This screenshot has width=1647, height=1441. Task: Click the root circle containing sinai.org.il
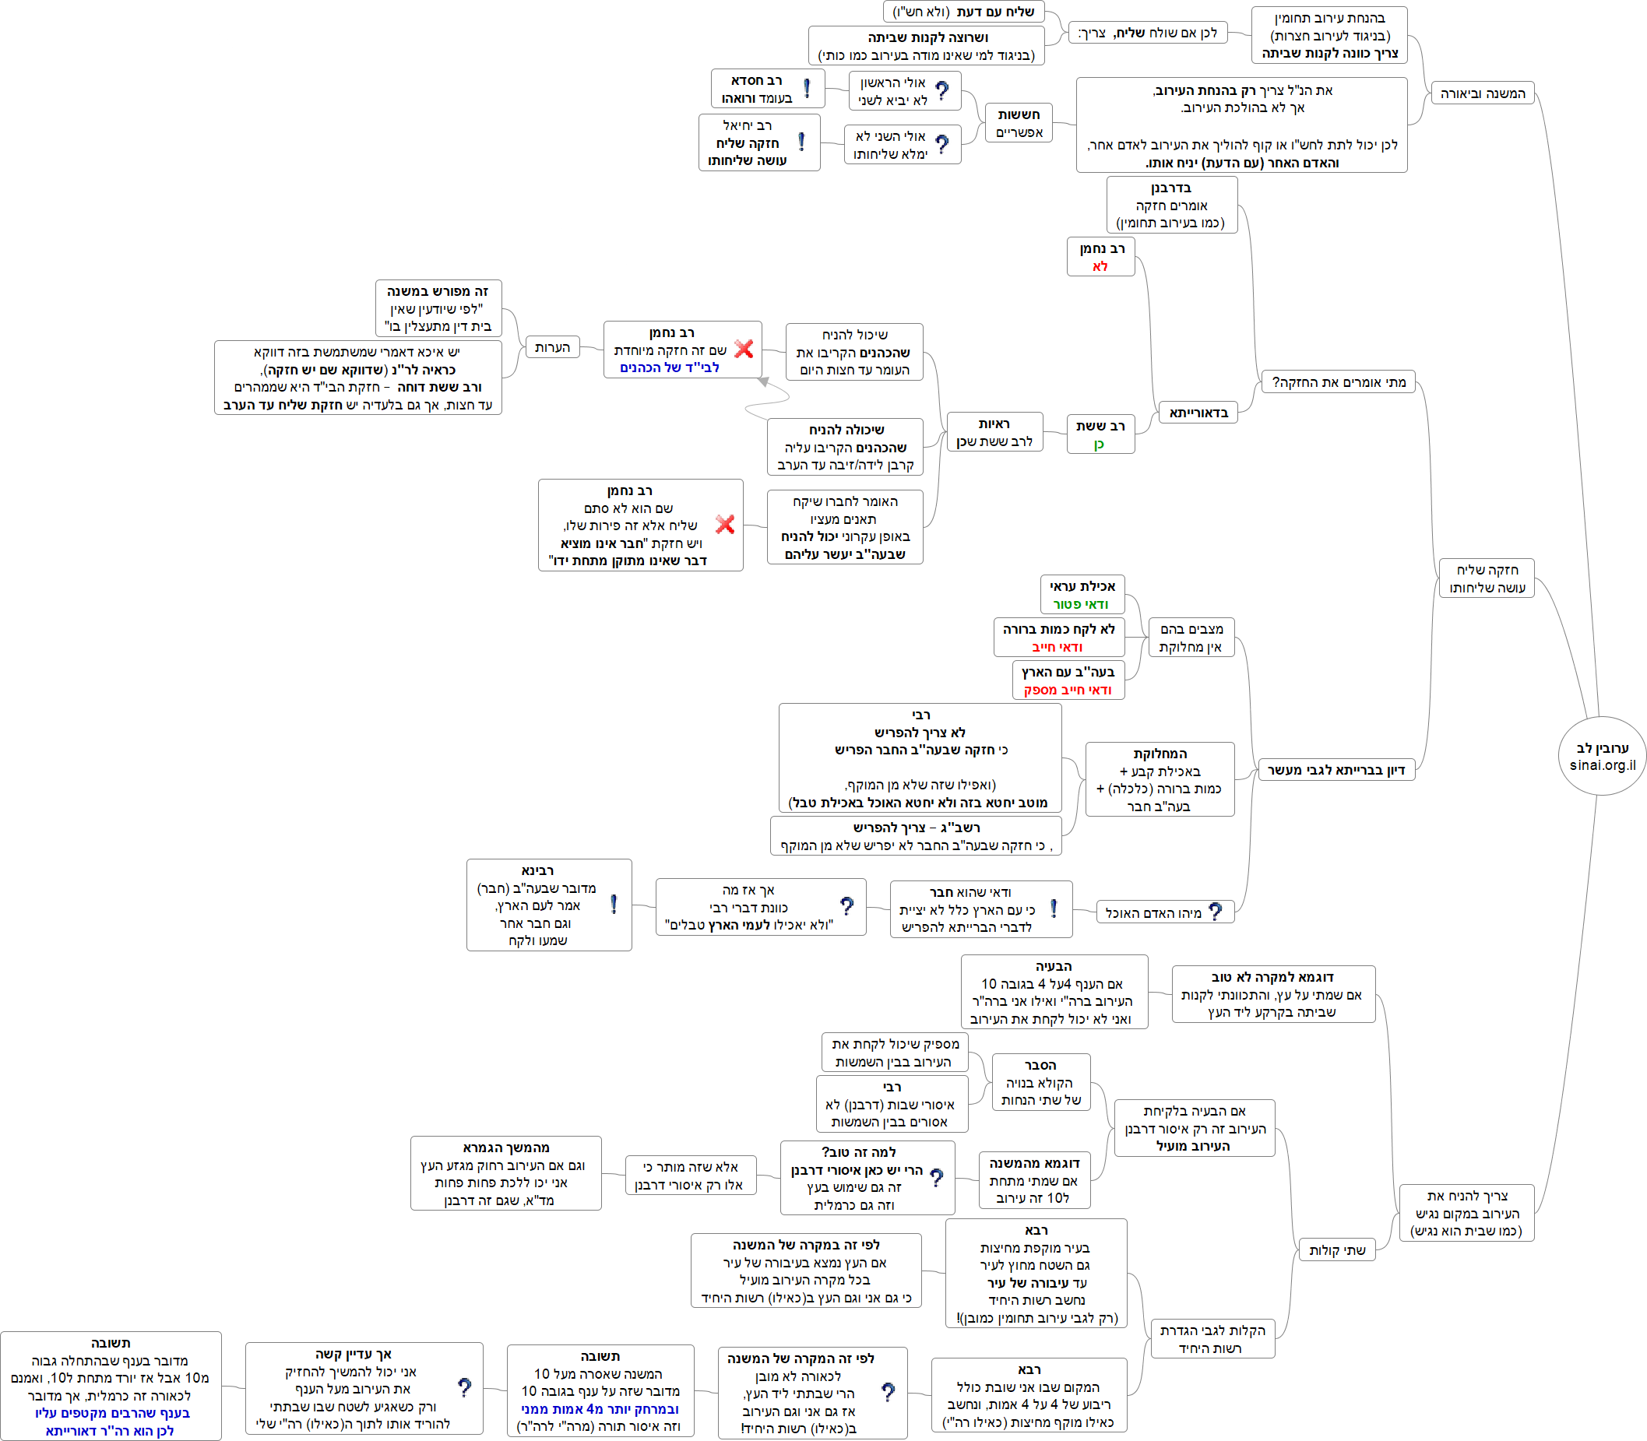tap(1601, 756)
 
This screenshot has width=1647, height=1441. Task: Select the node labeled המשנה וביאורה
tap(1482, 93)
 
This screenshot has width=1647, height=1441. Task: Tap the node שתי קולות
tap(1336, 1249)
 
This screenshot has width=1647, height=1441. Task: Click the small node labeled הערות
tap(552, 347)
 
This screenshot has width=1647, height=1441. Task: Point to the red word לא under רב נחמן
tap(1100, 267)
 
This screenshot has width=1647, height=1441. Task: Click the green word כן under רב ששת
tap(1100, 444)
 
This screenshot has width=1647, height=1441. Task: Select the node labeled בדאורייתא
tap(1198, 413)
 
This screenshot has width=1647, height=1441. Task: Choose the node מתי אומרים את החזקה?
tap(1338, 382)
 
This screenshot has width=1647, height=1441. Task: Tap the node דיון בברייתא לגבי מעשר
tap(1336, 770)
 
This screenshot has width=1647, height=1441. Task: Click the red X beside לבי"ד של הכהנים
tap(744, 349)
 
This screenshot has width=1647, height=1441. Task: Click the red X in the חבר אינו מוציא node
tap(724, 524)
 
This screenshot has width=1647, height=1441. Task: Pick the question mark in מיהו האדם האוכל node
tap(1215, 912)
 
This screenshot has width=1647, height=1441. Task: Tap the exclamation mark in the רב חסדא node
tap(807, 89)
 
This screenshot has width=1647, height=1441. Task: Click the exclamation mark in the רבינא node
tap(614, 905)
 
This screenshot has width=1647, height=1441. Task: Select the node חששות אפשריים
tap(1018, 123)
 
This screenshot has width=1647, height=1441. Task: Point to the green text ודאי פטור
tap(1080, 604)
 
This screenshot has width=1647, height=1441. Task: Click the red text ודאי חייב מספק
tap(1067, 690)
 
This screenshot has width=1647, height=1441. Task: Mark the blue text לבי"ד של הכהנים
tap(669, 367)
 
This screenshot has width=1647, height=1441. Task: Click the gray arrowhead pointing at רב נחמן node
tap(763, 382)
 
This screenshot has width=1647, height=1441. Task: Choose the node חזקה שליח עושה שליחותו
tap(1486, 578)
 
